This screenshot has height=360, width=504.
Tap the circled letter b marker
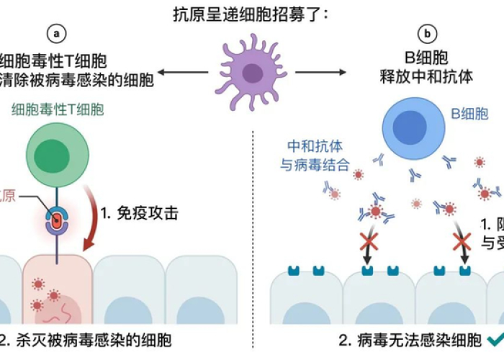430,32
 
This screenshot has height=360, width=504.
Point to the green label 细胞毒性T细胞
58,110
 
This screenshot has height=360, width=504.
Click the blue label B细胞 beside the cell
469,113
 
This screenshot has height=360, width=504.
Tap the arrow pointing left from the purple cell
184,72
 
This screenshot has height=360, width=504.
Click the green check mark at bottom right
495,338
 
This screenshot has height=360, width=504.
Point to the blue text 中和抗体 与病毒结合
314,156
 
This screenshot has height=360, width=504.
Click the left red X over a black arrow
369,240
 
